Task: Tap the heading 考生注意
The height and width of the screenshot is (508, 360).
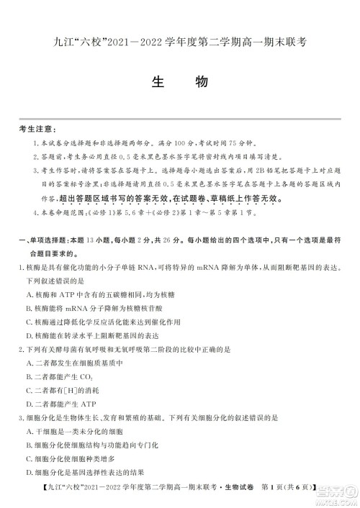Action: [x=35, y=130]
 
